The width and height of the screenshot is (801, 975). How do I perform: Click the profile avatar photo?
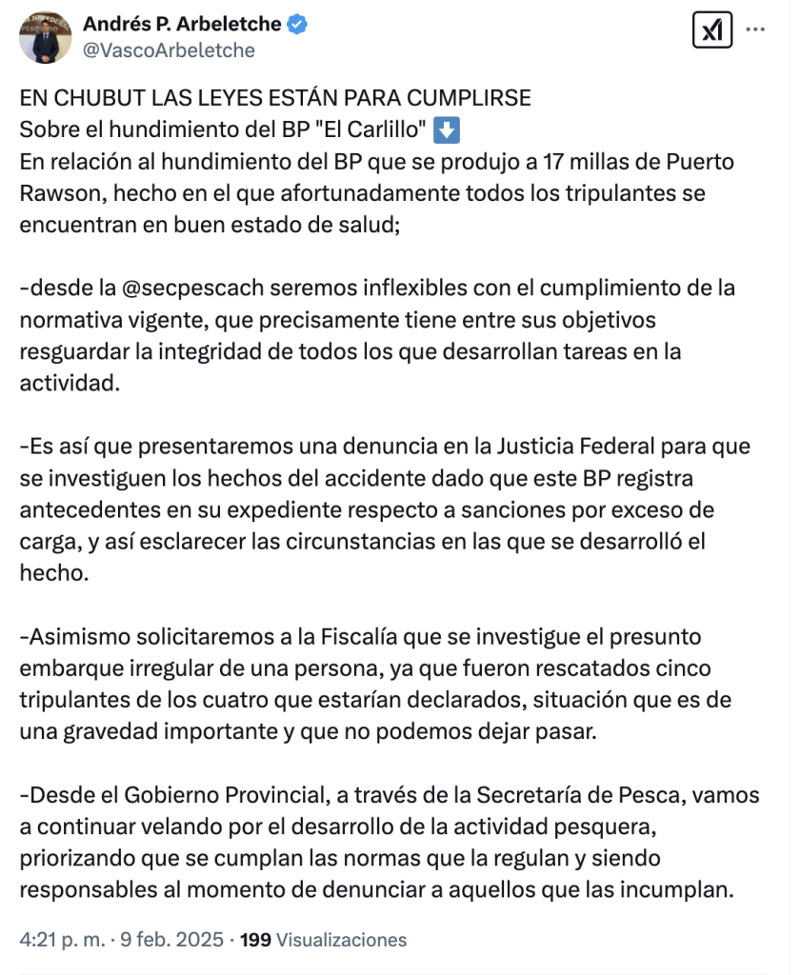click(45, 37)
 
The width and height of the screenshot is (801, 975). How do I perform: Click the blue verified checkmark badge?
click(298, 25)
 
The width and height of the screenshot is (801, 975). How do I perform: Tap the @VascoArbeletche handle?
click(170, 50)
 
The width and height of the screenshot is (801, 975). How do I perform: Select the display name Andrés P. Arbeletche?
click(182, 25)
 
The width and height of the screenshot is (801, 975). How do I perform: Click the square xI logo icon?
click(711, 30)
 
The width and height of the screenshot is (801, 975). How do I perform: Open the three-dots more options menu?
click(755, 30)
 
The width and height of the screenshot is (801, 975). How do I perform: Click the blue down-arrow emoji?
click(447, 129)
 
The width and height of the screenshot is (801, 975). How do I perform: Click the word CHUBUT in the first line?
click(88, 99)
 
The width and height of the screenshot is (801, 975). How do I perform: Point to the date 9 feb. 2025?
click(173, 940)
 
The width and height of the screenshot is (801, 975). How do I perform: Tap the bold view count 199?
click(255, 940)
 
